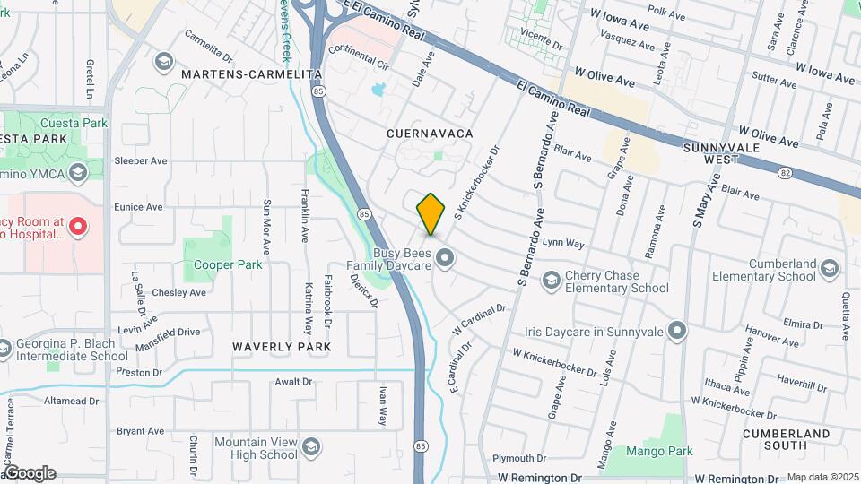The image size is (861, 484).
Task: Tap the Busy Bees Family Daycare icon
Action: click(x=445, y=259)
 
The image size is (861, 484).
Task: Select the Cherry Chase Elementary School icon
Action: click(x=550, y=281)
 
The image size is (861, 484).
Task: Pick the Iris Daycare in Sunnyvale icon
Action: click(x=677, y=332)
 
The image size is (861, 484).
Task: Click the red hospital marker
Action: click(x=78, y=227)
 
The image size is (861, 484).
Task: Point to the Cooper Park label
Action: click(x=228, y=264)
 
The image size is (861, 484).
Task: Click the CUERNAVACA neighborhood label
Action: click(x=429, y=133)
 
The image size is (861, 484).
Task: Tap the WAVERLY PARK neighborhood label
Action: click(x=282, y=346)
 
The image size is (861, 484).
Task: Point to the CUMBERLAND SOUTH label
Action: click(x=787, y=439)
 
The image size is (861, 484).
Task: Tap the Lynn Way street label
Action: click(x=563, y=243)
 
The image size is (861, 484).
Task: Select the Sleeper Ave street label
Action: click(x=141, y=161)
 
